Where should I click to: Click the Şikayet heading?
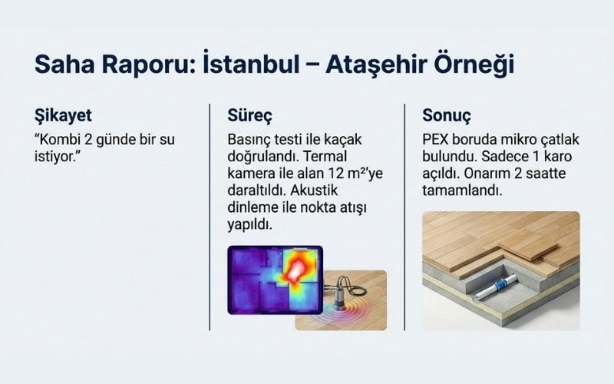[63, 117]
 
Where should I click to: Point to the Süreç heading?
[250, 117]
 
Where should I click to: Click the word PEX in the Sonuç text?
[436, 141]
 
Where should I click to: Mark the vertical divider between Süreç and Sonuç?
[404, 215]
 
